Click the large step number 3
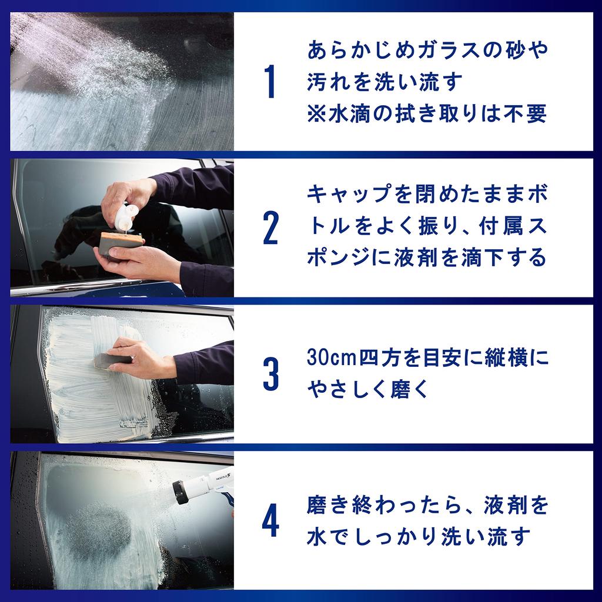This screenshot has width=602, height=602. pos(270,374)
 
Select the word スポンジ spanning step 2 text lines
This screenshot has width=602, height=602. pos(532,226)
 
